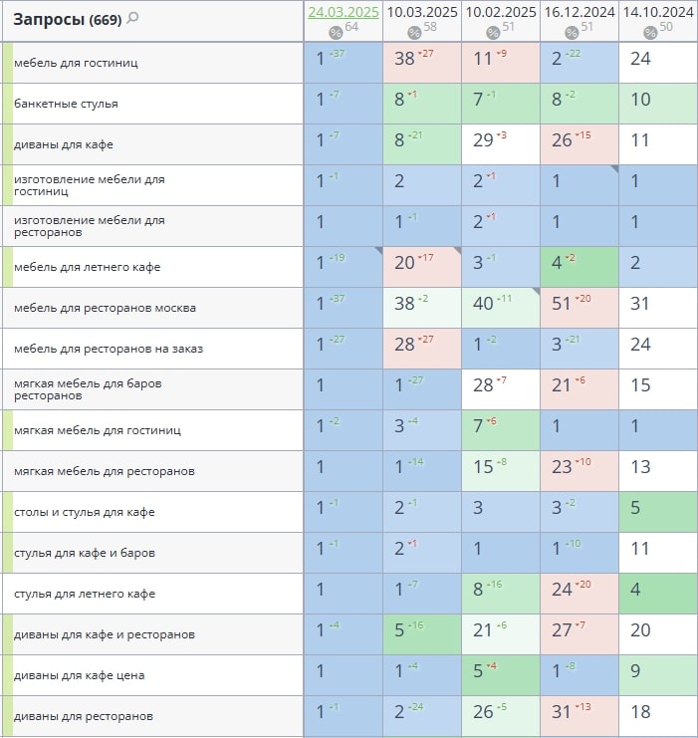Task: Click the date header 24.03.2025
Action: click(x=343, y=12)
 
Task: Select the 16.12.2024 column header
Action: click(x=579, y=12)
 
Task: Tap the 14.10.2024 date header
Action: click(x=658, y=12)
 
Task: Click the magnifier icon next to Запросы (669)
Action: click(x=133, y=18)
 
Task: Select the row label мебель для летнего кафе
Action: click(x=87, y=267)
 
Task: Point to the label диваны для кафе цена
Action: click(x=79, y=675)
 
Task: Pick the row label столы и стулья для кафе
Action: click(x=84, y=512)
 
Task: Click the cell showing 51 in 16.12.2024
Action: click(x=562, y=304)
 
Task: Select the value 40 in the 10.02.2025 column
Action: click(x=484, y=304)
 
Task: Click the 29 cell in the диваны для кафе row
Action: click(x=484, y=140)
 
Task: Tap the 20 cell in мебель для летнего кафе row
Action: click(x=404, y=263)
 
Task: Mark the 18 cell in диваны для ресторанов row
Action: click(x=640, y=712)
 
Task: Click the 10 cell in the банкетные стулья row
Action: click(x=640, y=100)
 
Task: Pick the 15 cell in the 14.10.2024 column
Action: click(x=640, y=385)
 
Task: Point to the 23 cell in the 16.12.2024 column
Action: click(x=562, y=467)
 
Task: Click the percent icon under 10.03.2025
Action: click(x=414, y=32)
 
